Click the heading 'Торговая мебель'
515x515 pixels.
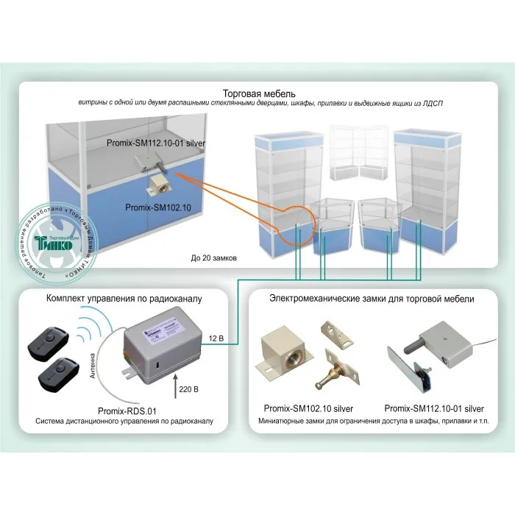click(259, 93)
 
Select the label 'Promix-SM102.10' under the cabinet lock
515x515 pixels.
click(158, 208)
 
